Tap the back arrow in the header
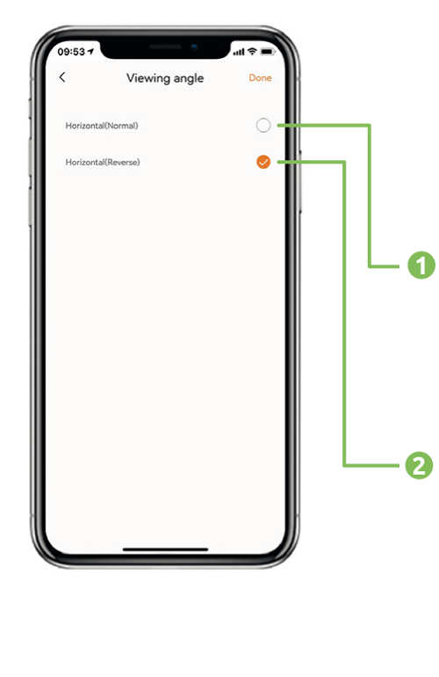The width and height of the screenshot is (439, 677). [62, 77]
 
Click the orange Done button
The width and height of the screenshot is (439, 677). [260, 77]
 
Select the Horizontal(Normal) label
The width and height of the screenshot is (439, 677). [102, 126]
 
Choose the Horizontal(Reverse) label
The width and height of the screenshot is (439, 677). [103, 163]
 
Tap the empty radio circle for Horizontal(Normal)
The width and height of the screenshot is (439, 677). [263, 125]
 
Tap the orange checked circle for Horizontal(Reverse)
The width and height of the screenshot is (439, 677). [263, 162]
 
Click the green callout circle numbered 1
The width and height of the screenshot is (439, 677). [421, 266]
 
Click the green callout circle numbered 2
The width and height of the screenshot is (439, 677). [419, 465]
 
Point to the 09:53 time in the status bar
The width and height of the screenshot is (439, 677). [71, 52]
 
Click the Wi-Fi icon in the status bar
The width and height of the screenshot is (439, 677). [252, 52]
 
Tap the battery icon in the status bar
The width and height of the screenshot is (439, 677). [268, 52]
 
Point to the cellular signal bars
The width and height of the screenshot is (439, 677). [239, 52]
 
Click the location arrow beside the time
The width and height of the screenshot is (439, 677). [90, 52]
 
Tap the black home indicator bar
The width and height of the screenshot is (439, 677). [166, 550]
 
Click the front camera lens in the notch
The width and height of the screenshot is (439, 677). [195, 47]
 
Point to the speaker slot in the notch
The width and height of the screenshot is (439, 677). [165, 47]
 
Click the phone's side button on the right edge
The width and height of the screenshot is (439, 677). [300, 181]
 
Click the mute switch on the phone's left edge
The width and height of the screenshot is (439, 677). [30, 108]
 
